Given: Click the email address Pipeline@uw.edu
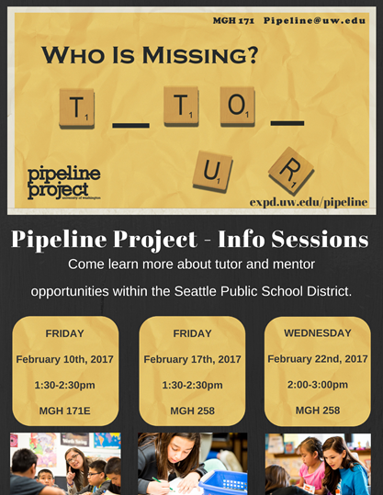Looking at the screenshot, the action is coord(314,20).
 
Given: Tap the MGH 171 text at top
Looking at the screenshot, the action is coord(233,21).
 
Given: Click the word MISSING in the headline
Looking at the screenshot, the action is coord(200,55).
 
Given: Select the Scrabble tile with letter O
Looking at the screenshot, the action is coord(238,107).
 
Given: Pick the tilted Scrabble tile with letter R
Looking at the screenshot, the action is coord(291,171).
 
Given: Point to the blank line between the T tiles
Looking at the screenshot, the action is coord(130,126).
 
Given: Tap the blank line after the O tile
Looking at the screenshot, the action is coord(287,123).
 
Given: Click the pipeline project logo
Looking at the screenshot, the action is coord(63,183).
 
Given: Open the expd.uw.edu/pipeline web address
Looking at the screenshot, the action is coord(309,202).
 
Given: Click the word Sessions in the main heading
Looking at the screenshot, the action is coord(320,239).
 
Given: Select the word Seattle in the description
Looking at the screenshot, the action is coord(196,291).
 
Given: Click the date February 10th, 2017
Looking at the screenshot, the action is coord(64,359).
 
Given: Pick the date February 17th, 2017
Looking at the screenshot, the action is coord(192,359).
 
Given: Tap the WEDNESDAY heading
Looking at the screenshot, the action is coord(318,333).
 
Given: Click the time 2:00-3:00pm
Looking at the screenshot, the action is coord(318,385).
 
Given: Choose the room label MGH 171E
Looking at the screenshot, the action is coord(64,411).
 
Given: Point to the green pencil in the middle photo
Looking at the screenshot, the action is coord(163,483).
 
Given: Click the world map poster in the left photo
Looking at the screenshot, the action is coord(107,440).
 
